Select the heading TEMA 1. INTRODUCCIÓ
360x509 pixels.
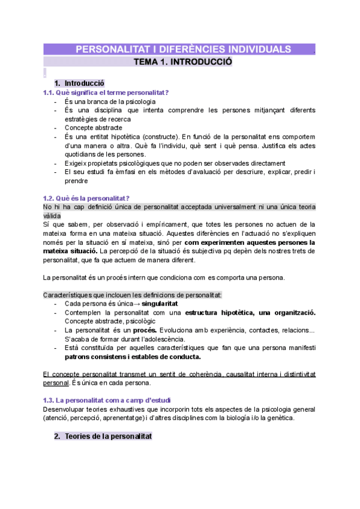click(x=182, y=62)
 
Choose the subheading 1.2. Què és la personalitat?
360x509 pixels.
click(x=87, y=198)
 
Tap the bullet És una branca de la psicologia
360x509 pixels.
click(x=106, y=101)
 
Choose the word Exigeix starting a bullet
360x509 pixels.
click(x=76, y=163)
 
